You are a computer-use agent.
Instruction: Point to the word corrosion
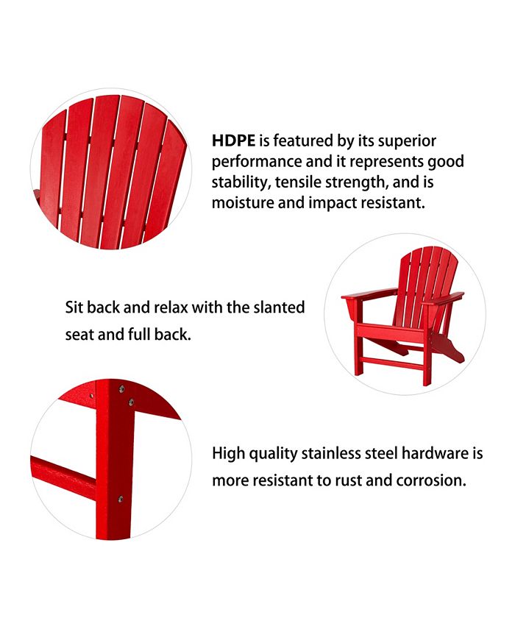point(431,481)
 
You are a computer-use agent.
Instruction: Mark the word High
point(227,453)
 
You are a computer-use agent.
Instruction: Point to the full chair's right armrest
point(443,298)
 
